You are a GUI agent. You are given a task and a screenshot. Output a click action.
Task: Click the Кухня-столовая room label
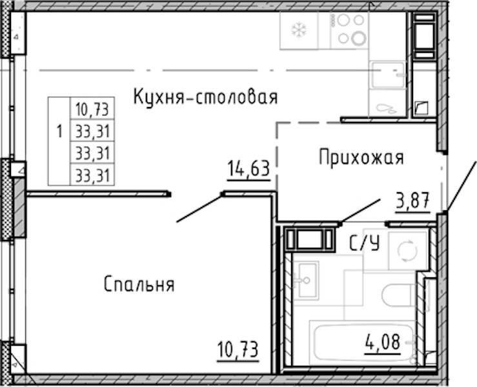coord(206,97)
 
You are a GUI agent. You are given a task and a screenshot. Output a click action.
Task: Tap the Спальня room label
coord(139,284)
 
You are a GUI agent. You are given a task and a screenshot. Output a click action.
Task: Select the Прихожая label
coord(361,157)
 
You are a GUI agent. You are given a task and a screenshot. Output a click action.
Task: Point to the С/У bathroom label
coord(365,243)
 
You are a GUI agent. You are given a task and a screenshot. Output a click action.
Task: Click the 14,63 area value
coord(249,169)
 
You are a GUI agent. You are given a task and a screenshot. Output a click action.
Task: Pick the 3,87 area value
coord(413,201)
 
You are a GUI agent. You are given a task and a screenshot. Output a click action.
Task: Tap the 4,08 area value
coord(382,342)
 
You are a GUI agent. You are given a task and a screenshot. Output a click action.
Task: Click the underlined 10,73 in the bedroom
coord(238,350)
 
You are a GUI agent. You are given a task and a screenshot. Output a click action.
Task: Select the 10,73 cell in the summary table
coord(92,109)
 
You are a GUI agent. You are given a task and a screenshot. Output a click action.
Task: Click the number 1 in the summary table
coord(59,132)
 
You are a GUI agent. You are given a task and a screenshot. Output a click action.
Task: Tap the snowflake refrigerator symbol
coord(299,30)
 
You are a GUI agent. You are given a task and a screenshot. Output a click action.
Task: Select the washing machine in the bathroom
coord(408,250)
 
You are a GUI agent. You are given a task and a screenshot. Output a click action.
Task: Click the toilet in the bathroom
coord(398,295)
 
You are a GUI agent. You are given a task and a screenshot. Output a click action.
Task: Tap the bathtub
coord(363,342)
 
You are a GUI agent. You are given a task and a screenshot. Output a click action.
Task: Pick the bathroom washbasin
coord(305,280)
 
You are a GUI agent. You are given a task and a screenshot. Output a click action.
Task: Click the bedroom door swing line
coord(199,208)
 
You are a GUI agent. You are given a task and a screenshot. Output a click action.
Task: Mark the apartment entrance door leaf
coord(461,186)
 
